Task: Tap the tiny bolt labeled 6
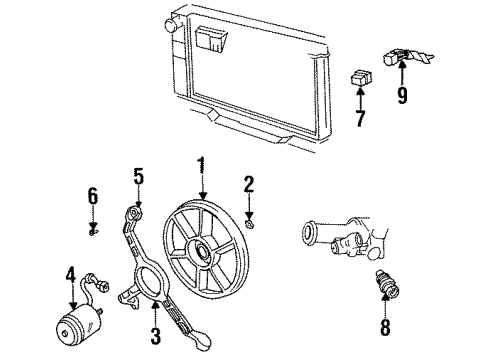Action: [x=92, y=234]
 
